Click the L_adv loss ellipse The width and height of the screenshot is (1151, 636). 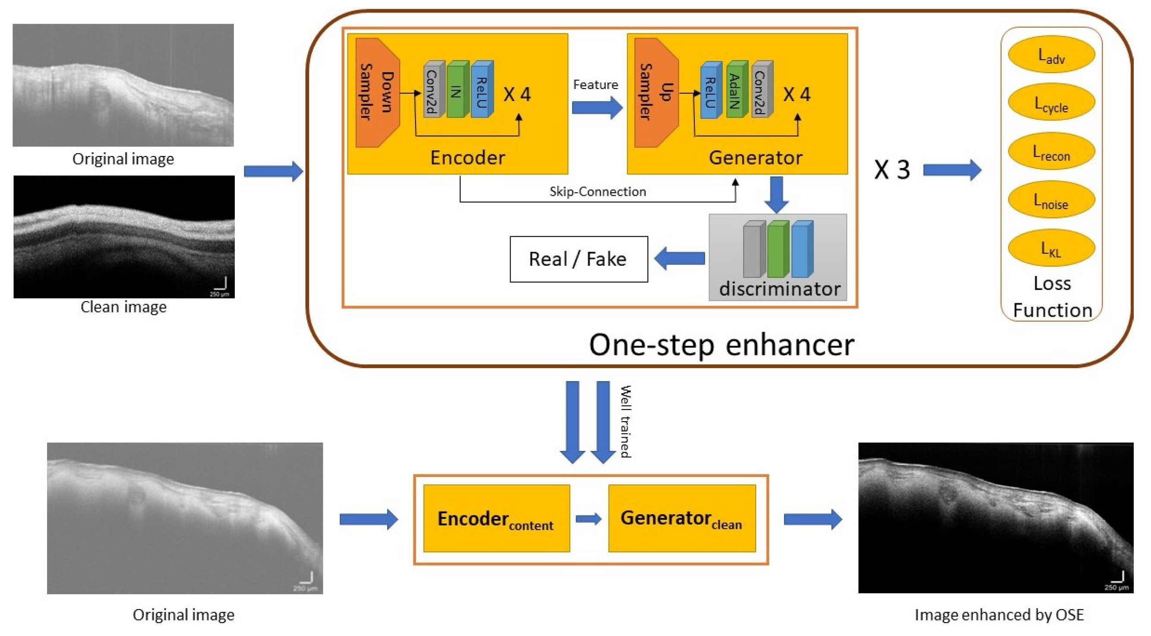pyautogui.click(x=1051, y=54)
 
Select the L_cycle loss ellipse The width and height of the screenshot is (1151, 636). pyautogui.click(x=1051, y=103)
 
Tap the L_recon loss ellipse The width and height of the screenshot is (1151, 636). pyautogui.click(x=1051, y=151)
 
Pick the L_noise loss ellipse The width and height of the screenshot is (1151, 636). pyautogui.click(x=1051, y=200)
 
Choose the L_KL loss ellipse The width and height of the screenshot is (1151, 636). pyautogui.click(x=1051, y=248)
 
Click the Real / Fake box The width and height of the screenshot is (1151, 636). pyautogui.click(x=579, y=259)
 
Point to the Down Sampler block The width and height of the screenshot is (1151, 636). pyautogui.click(x=377, y=92)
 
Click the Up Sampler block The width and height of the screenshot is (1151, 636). pyautogui.click(x=656, y=92)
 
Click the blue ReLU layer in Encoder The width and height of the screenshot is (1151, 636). pyautogui.click(x=482, y=89)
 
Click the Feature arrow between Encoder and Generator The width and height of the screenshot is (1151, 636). pyautogui.click(x=597, y=108)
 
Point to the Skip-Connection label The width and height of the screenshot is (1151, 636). pyautogui.click(x=598, y=191)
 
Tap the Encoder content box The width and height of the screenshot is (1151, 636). pyautogui.click(x=496, y=518)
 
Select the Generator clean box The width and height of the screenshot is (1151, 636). pyautogui.click(x=682, y=518)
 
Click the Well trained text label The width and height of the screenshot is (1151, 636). pyautogui.click(x=625, y=421)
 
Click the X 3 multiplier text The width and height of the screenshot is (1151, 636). pyautogui.click(x=892, y=170)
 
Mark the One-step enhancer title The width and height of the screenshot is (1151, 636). pyautogui.click(x=721, y=345)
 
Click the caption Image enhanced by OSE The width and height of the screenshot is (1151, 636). pyautogui.click(x=999, y=615)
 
